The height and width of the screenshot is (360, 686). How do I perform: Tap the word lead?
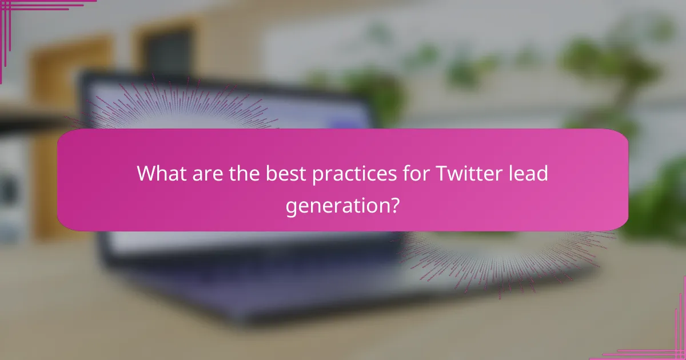tap(530, 173)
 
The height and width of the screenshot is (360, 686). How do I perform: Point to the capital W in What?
tap(145, 173)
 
